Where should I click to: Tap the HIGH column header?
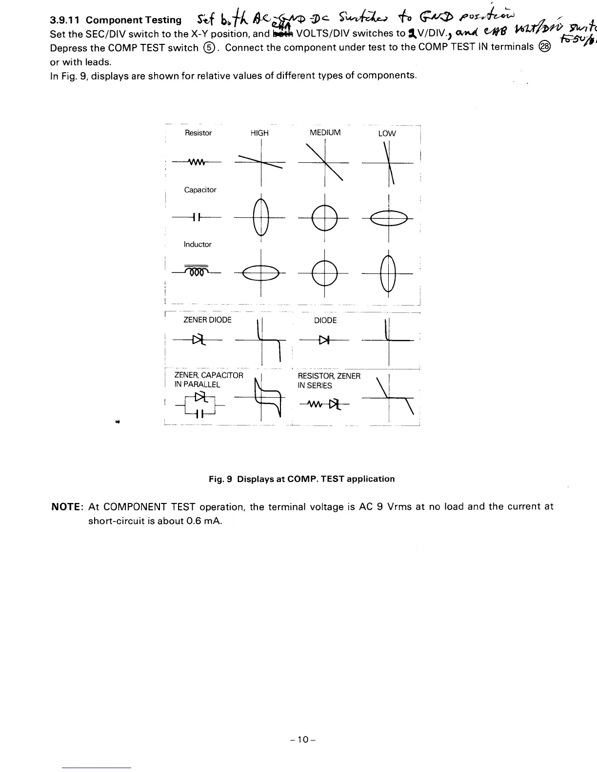(259, 133)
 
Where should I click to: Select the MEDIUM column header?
(325, 133)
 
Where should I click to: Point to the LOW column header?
(387, 134)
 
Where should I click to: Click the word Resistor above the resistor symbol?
(199, 133)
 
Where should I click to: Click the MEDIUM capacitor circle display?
(325, 218)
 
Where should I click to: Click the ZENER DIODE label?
(207, 320)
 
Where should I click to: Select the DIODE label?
(325, 320)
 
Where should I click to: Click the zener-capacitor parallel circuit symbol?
(199, 405)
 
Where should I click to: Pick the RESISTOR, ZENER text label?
(329, 376)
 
